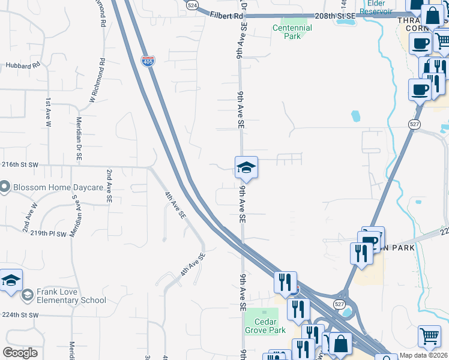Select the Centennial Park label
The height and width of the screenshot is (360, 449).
coord(292,32)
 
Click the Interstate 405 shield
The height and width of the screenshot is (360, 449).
coord(148,61)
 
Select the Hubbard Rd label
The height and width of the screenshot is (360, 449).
coord(22,65)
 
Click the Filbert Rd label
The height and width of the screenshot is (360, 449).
coord(226,15)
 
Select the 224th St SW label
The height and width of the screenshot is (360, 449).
coord(20,314)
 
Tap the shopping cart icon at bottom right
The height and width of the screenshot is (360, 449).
coord(429,337)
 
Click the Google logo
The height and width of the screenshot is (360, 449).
coord(20,353)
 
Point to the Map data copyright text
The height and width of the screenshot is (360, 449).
coord(423,356)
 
